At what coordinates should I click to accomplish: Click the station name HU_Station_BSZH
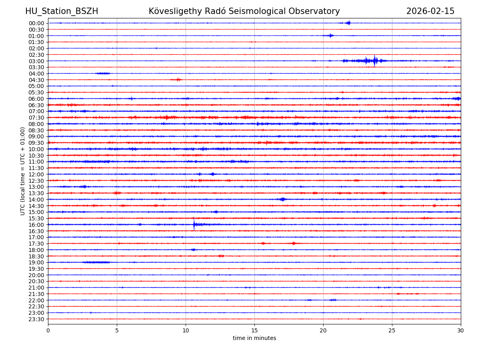click(62, 11)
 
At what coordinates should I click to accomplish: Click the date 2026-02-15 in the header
click(430, 11)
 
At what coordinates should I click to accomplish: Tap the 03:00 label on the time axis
click(36, 61)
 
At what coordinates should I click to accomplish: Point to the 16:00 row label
click(36, 225)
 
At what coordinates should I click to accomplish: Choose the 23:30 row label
click(36, 319)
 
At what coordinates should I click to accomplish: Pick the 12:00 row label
click(36, 174)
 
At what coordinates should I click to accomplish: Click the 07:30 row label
click(36, 118)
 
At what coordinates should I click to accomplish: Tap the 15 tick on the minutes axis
click(254, 330)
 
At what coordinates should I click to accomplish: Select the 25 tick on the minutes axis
click(392, 330)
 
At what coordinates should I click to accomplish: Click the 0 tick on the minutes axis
click(48, 330)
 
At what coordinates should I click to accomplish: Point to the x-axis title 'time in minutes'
click(254, 338)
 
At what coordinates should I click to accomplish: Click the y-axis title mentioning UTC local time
click(23, 171)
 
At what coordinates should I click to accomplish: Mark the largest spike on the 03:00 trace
click(374, 61)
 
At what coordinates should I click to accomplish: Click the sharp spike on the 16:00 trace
click(194, 224)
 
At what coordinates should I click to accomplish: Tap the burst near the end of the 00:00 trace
click(348, 23)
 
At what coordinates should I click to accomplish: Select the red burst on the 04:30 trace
click(178, 80)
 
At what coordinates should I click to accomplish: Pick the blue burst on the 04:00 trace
click(103, 73)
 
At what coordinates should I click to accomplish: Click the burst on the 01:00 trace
click(330, 36)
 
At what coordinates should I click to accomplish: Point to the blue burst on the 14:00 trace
click(282, 199)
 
